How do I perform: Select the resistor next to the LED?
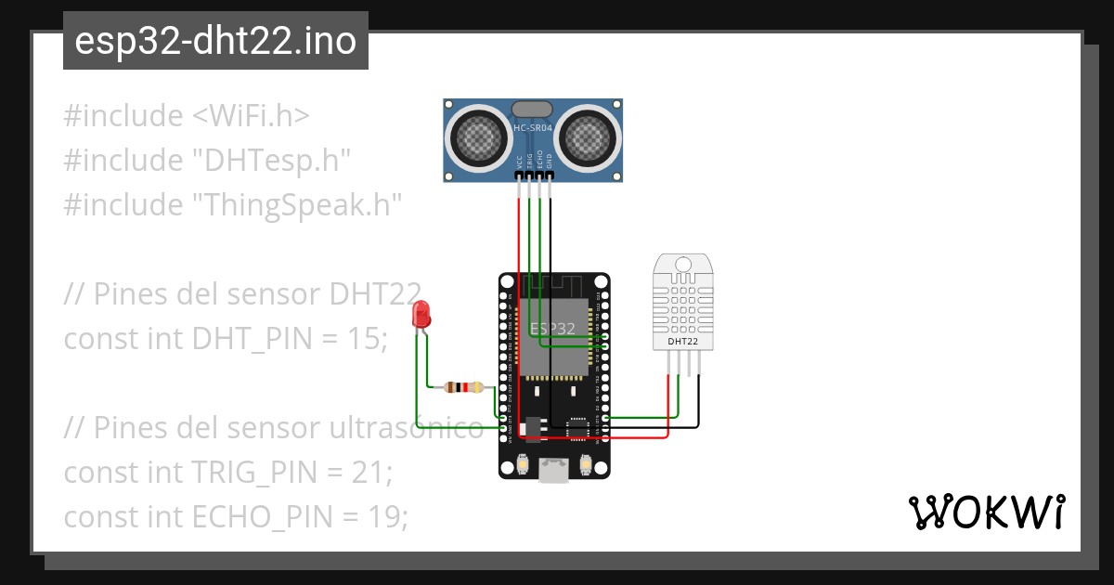[x=464, y=387]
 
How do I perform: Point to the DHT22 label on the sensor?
[x=683, y=342]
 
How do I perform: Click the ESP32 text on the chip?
[x=553, y=328]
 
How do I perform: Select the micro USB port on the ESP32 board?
[x=554, y=472]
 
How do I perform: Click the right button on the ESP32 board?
[x=586, y=464]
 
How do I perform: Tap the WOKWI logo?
[x=985, y=513]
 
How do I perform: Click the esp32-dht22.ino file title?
[x=215, y=41]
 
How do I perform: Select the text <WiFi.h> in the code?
[x=251, y=116]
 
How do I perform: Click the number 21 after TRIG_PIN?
[x=369, y=473]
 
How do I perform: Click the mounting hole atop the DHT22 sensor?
[x=683, y=265]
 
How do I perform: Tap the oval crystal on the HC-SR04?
[x=533, y=110]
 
